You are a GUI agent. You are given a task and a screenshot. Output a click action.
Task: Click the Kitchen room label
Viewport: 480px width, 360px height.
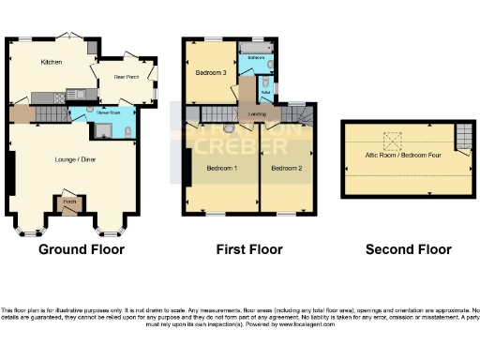tap(51, 62)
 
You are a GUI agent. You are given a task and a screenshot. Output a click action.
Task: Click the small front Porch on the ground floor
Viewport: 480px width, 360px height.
tap(69, 202)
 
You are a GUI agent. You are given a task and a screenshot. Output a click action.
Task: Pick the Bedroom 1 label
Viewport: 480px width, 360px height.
tap(222, 168)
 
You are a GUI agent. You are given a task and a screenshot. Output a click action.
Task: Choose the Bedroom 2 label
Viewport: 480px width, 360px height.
tap(287, 168)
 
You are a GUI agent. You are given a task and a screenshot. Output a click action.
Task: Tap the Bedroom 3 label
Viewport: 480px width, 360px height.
tap(211, 73)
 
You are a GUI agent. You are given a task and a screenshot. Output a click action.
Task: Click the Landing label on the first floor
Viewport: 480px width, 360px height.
tap(257, 114)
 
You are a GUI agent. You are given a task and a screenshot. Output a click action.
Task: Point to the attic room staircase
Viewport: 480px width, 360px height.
tap(462, 140)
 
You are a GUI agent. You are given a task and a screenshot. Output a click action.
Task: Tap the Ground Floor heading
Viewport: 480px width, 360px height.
tap(82, 249)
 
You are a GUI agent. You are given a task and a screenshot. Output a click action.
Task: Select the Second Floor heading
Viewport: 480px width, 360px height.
tap(408, 249)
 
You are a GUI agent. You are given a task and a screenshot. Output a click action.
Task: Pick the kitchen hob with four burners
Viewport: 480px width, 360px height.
tap(59, 96)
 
